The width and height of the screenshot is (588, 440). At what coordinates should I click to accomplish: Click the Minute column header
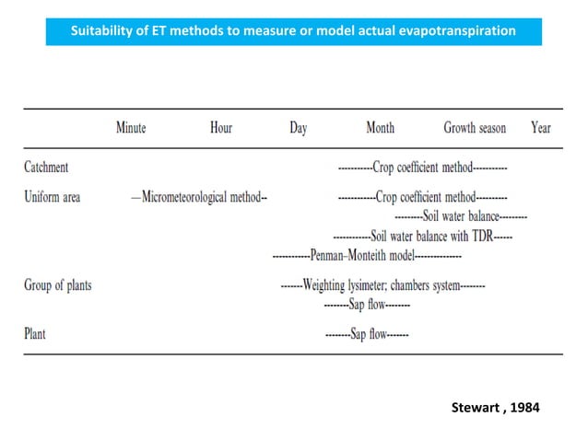[131, 128]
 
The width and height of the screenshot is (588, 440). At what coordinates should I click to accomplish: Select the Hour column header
[221, 128]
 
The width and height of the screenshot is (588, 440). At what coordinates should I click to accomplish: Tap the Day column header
[299, 129]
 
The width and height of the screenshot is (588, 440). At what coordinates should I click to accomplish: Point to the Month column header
[381, 128]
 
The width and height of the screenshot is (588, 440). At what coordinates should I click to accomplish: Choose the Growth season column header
[475, 128]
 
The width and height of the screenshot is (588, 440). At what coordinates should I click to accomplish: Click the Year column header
[541, 128]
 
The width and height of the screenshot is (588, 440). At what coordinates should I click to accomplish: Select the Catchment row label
[46, 167]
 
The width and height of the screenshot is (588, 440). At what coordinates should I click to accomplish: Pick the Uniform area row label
[53, 197]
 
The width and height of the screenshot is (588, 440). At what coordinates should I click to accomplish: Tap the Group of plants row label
[58, 285]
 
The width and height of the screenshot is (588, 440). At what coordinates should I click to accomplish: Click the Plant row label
[35, 333]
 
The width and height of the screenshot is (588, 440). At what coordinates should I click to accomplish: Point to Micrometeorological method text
[201, 197]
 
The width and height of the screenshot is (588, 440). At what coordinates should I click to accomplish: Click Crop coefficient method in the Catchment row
[423, 168]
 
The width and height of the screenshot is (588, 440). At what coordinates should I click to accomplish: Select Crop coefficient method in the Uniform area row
[426, 197]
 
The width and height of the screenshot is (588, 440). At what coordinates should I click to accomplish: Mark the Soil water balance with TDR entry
[432, 237]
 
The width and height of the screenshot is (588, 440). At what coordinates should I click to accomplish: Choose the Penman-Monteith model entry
[362, 256]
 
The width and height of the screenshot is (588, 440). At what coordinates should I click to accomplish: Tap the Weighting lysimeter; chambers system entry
[382, 285]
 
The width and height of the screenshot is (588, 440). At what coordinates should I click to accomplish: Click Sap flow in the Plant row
[369, 334]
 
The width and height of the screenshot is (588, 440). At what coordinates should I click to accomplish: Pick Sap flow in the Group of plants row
[367, 304]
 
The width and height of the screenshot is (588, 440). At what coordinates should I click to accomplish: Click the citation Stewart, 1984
[495, 408]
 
